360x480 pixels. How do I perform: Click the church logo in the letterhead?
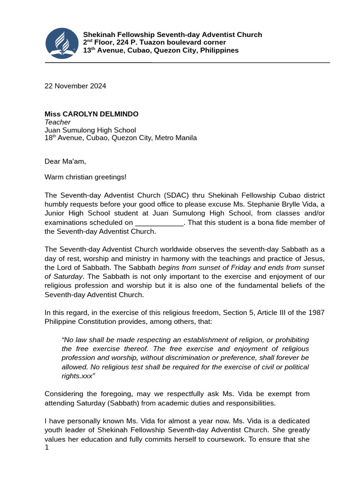[62, 43]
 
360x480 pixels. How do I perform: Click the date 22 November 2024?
[75, 86]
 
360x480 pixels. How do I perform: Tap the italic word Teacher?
[57, 122]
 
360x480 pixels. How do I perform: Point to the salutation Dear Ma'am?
[65, 161]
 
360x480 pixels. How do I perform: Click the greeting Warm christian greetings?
[85, 177]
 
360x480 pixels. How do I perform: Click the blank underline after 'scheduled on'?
[159, 223]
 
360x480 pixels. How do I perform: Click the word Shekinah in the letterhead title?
[99, 35]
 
